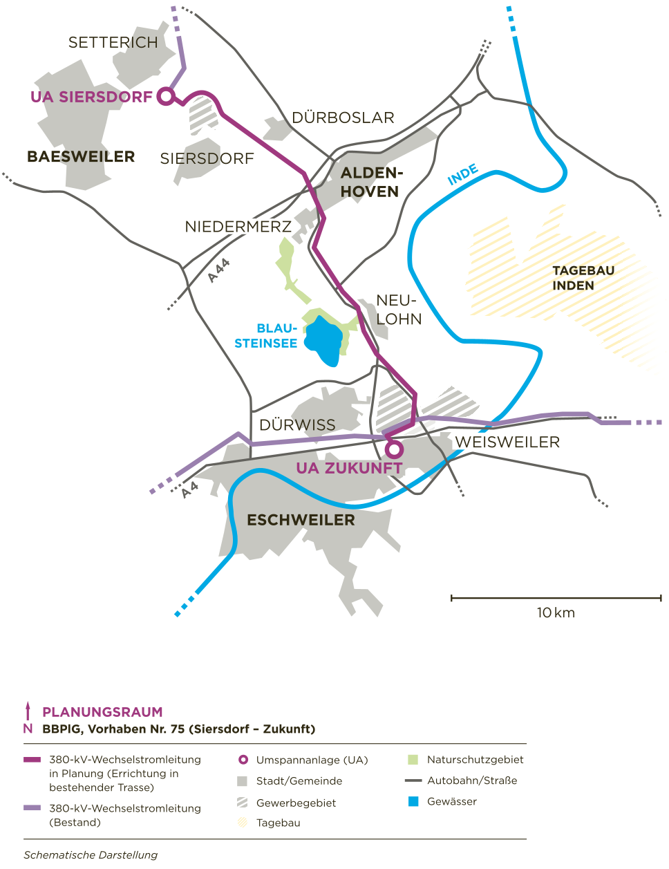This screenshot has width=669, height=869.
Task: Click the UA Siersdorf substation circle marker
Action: (x=166, y=96)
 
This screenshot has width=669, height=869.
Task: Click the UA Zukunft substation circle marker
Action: (x=393, y=450)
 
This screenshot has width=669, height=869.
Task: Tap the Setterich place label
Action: (x=113, y=43)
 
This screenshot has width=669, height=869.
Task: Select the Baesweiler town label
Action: (x=81, y=157)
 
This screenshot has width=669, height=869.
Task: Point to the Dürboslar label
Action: (x=343, y=118)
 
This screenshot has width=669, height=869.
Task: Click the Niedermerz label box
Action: (x=238, y=226)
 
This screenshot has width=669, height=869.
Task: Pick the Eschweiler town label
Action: (x=301, y=520)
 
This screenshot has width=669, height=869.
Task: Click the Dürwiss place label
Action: (x=297, y=424)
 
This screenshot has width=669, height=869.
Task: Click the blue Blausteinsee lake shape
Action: (x=325, y=339)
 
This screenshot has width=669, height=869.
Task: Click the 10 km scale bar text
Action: (x=555, y=613)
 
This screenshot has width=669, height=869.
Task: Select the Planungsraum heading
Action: (x=102, y=712)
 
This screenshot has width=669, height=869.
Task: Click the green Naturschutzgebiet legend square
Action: (x=414, y=760)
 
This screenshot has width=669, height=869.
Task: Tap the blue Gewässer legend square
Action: (x=414, y=802)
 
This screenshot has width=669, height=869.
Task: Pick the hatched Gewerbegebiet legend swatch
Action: (x=243, y=803)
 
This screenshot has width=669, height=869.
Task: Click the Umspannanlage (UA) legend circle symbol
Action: (x=243, y=760)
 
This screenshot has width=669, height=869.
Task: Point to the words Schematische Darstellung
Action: (x=91, y=855)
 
